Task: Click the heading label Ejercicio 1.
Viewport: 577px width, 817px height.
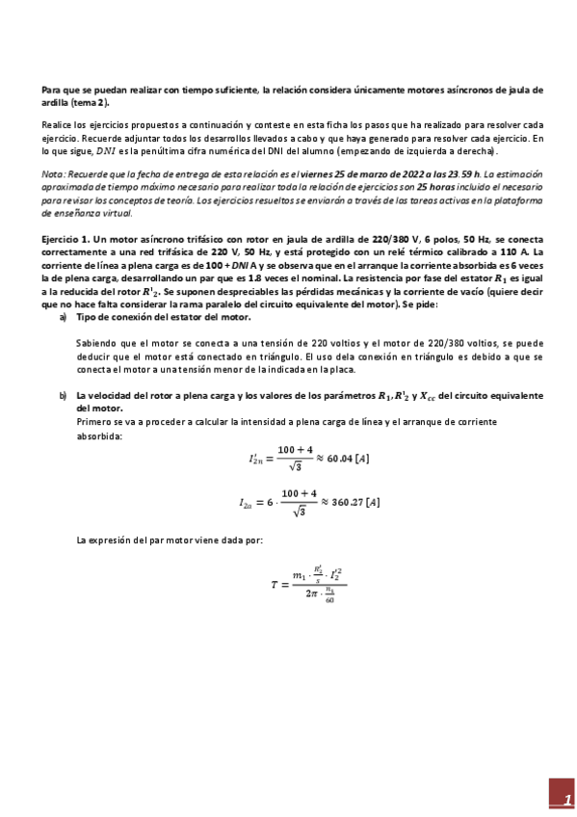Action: [x=66, y=237]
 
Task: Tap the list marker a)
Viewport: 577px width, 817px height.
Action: [x=63, y=317]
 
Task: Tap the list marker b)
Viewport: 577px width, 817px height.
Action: [x=63, y=395]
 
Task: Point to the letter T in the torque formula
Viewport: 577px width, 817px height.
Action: [x=275, y=584]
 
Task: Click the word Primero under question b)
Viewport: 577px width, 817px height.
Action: [x=95, y=420]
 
